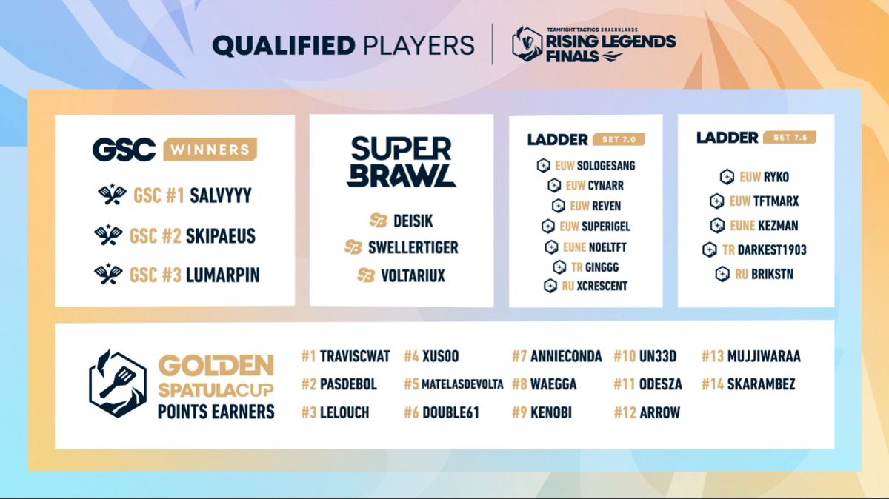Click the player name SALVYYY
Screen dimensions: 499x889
pos(221,195)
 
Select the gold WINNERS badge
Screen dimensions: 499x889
pos(210,150)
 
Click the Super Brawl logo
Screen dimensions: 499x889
pos(401,161)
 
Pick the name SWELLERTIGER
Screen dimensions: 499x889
pos(413,247)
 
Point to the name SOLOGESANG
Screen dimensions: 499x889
pos(605,166)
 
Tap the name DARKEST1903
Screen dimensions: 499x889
pos(772,249)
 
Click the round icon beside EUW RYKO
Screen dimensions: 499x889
pos(727,177)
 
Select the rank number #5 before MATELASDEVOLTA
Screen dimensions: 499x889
pos(411,384)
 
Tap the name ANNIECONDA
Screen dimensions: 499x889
pos(566,357)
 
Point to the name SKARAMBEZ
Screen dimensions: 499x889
pos(762,384)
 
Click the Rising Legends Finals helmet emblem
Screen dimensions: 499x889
pos(527,44)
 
